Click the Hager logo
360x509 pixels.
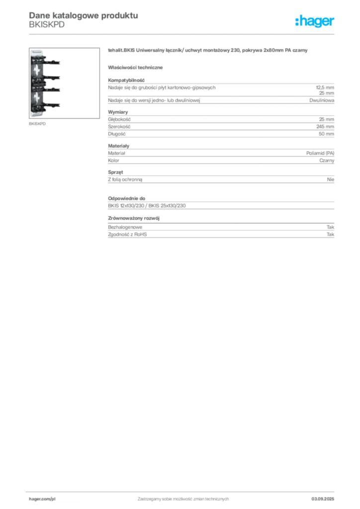[315, 21]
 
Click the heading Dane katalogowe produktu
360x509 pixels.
[84, 15]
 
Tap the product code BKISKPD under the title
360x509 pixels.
[47, 25]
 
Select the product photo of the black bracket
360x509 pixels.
[64, 83]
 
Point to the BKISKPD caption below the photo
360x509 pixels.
[37, 124]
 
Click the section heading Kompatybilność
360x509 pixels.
[126, 80]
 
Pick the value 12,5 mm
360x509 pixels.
[325, 87]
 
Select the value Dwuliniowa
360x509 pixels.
[322, 100]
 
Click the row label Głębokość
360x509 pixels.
[119, 119]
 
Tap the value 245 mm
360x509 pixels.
[325, 127]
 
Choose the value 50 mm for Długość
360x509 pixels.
[326, 134]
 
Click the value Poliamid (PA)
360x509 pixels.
[320, 153]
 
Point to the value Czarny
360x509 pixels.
[327, 161]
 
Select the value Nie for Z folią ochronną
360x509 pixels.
[331, 179]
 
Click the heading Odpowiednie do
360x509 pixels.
[127, 198]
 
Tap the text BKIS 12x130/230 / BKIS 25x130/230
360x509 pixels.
[147, 205]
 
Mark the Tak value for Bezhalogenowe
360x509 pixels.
[331, 227]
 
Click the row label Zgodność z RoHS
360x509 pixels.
[127, 235]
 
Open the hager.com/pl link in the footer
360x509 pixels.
[42, 499]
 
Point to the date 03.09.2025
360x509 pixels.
[323, 499]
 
